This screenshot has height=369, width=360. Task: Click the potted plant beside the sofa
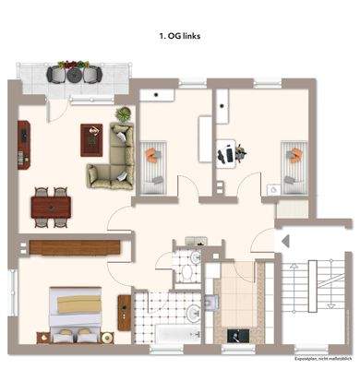pyautogui.click(x=122, y=114)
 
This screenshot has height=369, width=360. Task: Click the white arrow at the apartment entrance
pyautogui.click(x=285, y=243)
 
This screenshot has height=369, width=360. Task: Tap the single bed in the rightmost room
pyautogui.click(x=294, y=162)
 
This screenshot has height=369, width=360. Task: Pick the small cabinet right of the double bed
pyautogui.click(x=123, y=304)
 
